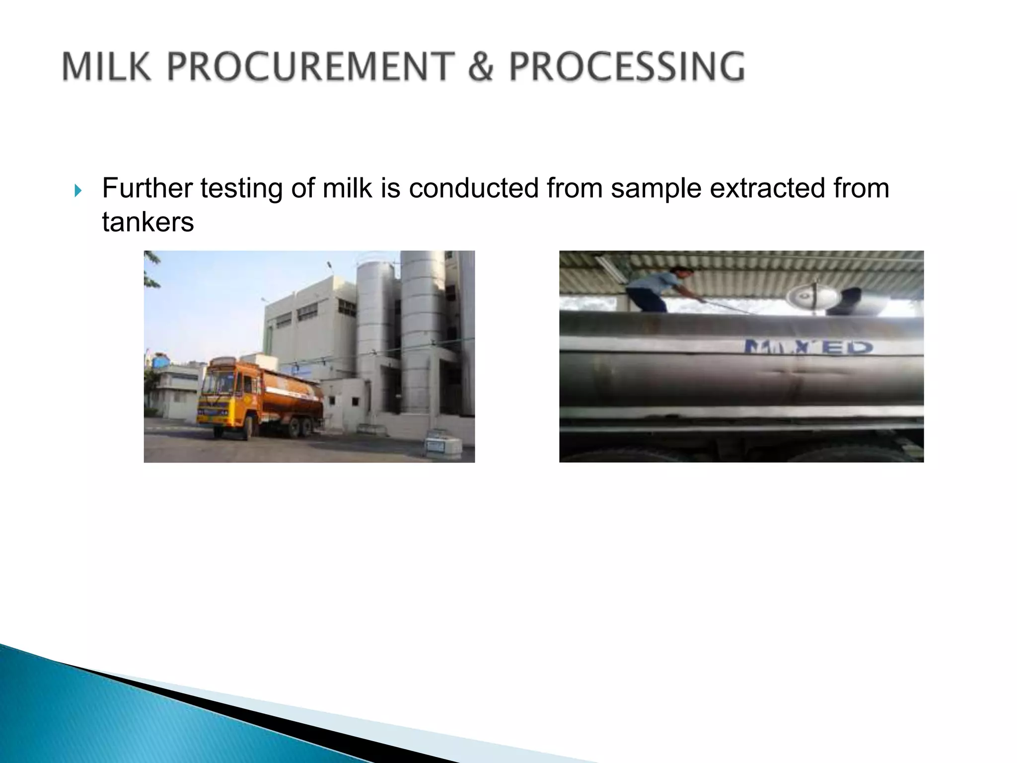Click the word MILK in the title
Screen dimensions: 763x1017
point(106,67)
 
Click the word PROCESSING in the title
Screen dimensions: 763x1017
point(627,67)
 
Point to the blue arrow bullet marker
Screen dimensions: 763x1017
point(77,190)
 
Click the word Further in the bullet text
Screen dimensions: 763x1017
point(147,188)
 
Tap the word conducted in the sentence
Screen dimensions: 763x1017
point(474,188)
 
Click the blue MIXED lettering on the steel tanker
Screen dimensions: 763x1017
point(807,346)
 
